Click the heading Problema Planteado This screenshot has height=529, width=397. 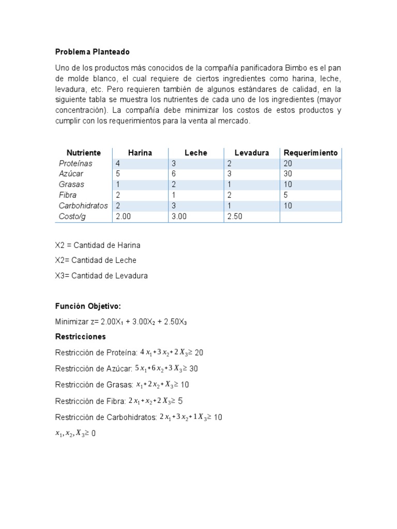tap(93, 52)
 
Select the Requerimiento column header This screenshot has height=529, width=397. tap(311, 153)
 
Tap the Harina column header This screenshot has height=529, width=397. tap(140, 153)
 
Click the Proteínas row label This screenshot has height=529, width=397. tap(75, 163)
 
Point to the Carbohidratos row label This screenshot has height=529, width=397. tap(83, 206)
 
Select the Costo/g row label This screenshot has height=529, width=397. tap(72, 216)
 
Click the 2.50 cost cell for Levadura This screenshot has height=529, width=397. tap(235, 216)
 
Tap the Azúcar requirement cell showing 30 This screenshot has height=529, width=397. tap(288, 174)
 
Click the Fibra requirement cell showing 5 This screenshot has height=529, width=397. tap(286, 195)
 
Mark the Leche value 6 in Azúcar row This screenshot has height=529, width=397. tap(174, 174)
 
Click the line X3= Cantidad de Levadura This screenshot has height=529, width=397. tap(101, 276)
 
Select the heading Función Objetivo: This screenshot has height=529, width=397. tap(88, 306)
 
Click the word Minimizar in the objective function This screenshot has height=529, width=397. tap(72, 321)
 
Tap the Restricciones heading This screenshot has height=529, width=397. tap(80, 336)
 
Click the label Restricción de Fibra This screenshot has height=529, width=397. tap(89, 401)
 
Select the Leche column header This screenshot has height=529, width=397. tap(195, 153)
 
